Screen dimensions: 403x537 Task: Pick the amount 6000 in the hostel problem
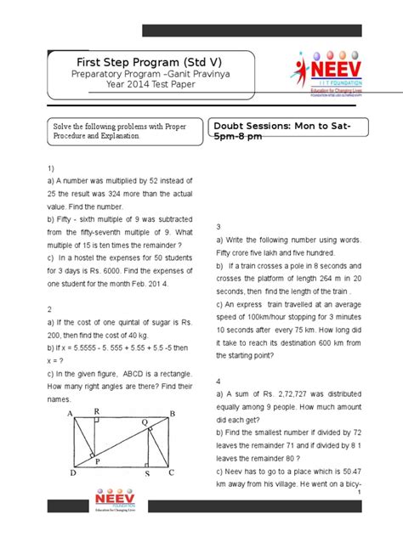122,270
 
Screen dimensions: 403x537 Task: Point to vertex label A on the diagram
70,414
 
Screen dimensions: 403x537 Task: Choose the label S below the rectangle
147,472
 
